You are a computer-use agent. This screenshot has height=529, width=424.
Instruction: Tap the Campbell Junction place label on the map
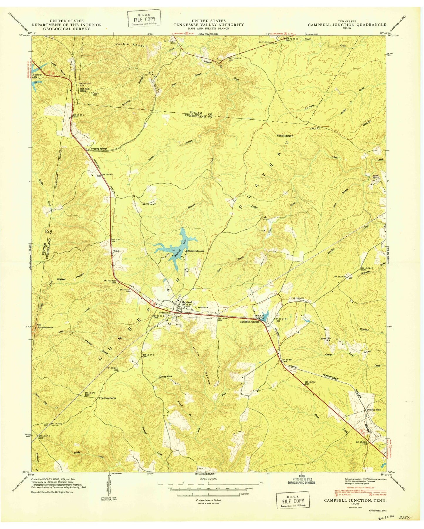(250, 322)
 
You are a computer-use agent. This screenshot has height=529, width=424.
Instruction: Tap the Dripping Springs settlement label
(99, 149)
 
